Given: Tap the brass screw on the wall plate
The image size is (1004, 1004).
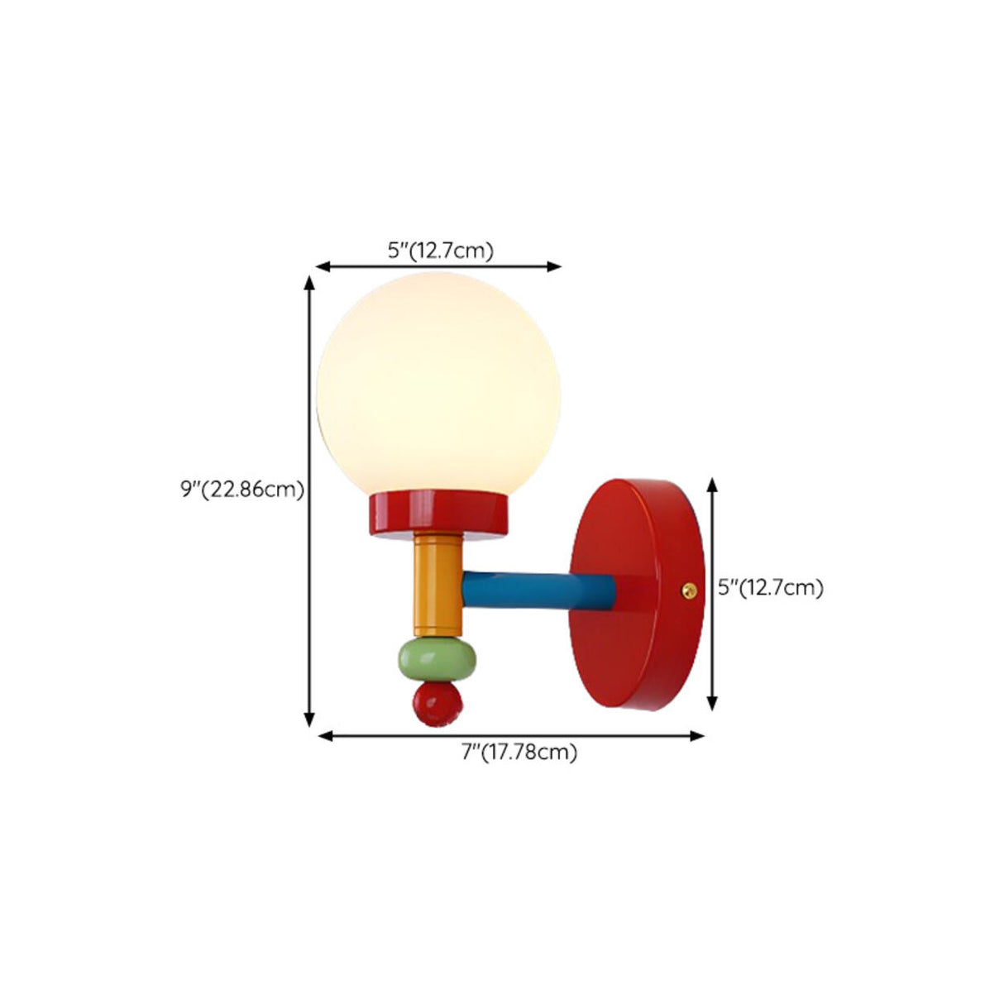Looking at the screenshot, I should pyautogui.click(x=686, y=589).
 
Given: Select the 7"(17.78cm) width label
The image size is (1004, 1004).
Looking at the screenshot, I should pyautogui.click(x=519, y=752).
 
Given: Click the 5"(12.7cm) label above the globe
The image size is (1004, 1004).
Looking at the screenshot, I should pyautogui.click(x=441, y=251).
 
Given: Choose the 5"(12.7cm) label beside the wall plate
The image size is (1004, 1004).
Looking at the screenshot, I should pyautogui.click(x=771, y=588).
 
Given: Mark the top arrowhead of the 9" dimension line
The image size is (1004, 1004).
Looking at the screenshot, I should pyautogui.click(x=310, y=283).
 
